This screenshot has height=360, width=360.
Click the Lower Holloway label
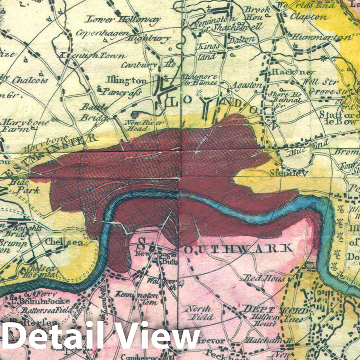point(123,19)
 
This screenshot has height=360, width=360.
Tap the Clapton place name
point(309,17)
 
